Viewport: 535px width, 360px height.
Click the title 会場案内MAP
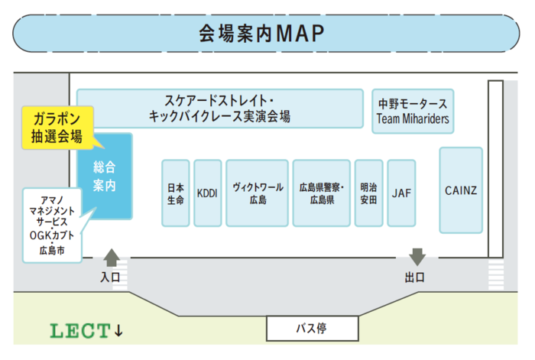(261, 34)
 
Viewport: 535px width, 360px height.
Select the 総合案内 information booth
(105, 176)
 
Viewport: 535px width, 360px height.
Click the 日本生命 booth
(176, 193)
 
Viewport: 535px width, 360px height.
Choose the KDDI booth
(207, 193)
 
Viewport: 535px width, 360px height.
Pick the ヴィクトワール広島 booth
(258, 193)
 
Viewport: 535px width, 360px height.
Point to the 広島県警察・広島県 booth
(321, 193)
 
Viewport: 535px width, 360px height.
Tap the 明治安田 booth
(369, 193)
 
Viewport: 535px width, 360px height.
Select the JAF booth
(401, 193)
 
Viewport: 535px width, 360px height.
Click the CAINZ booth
(460, 190)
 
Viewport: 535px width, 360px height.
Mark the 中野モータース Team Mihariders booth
(413, 112)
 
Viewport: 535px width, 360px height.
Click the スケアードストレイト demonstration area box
(219, 109)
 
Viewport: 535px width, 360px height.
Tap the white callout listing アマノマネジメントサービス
(53, 225)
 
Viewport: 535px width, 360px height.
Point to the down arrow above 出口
(417, 257)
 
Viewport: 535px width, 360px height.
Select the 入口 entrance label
(111, 277)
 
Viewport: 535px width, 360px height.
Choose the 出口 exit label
(415, 277)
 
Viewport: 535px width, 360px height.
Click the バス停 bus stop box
(311, 329)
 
